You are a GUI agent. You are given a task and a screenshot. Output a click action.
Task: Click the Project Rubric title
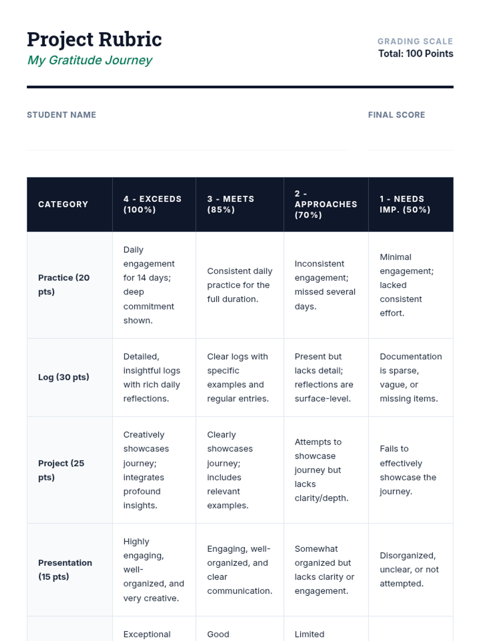click(x=94, y=39)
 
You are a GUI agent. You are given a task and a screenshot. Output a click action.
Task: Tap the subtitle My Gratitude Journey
click(x=90, y=60)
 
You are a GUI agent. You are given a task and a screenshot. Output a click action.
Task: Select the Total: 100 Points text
click(x=416, y=54)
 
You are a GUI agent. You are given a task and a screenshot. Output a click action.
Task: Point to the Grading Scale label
click(x=415, y=41)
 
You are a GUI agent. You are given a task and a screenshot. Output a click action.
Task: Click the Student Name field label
click(x=61, y=115)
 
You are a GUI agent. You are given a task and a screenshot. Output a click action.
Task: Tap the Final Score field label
click(x=396, y=115)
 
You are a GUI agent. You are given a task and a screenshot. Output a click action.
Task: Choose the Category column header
click(x=63, y=204)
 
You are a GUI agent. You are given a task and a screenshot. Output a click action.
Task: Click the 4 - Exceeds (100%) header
click(x=152, y=204)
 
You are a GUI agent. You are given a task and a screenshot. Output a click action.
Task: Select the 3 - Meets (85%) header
click(x=230, y=204)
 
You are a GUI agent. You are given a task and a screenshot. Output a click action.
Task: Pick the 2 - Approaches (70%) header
click(x=326, y=204)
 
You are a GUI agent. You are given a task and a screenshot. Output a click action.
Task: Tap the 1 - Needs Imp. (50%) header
click(x=405, y=204)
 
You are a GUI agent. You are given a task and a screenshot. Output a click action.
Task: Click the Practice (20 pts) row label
click(x=64, y=284)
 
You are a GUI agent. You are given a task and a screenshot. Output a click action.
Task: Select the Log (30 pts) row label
click(x=64, y=377)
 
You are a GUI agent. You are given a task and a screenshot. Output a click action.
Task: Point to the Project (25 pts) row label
click(x=61, y=470)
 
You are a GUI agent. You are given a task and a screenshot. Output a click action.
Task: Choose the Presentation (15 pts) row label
click(x=65, y=569)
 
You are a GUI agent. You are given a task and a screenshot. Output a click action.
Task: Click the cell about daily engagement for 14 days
click(x=149, y=285)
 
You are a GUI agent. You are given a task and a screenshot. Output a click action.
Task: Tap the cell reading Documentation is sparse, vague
click(x=410, y=377)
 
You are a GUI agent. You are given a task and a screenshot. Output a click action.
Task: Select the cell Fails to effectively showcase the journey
click(x=408, y=470)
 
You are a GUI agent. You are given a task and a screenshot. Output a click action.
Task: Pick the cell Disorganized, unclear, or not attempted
click(x=409, y=569)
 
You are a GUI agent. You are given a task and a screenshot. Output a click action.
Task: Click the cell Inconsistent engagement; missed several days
click(x=325, y=285)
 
